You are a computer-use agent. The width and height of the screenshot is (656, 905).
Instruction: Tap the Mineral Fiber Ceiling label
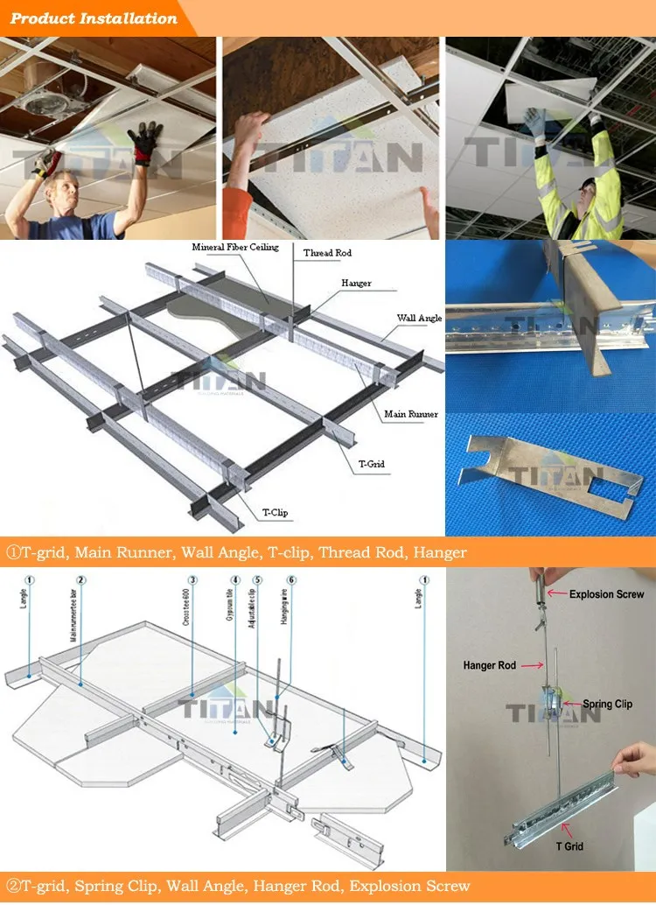pos(235,248)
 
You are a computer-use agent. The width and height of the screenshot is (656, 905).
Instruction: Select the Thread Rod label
pos(327,253)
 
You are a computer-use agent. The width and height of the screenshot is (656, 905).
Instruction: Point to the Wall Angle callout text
pos(419,319)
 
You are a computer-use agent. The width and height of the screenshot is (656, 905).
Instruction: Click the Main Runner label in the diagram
pos(411,414)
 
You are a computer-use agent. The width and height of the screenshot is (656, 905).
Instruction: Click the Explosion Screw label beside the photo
pos(606,594)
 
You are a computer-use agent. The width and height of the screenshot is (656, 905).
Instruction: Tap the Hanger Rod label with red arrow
pos(490,666)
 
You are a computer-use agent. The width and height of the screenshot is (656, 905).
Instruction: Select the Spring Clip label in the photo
pos(607,704)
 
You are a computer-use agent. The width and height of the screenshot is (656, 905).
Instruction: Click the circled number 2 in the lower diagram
pos(80,579)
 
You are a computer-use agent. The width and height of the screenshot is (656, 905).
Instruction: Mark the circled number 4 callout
pos(235,579)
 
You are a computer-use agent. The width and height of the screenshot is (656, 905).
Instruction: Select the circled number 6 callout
pos(290,579)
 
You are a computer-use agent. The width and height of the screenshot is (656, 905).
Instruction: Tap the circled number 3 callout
pos(192,579)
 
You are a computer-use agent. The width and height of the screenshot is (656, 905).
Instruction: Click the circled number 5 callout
pos(257,579)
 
